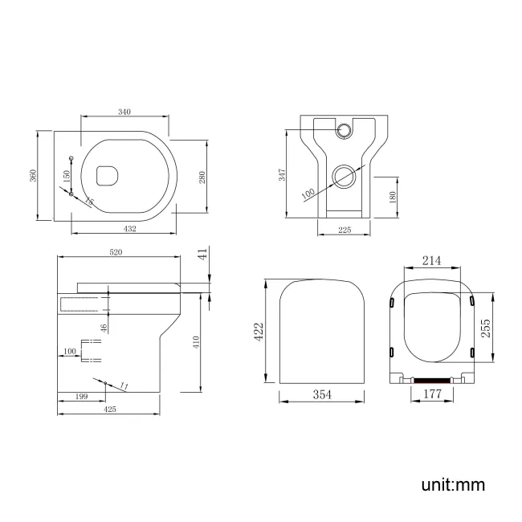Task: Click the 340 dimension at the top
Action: [124, 112]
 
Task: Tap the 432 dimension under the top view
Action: [130, 228]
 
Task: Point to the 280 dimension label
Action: [214, 177]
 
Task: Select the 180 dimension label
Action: [391, 198]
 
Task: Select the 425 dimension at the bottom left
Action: [110, 409]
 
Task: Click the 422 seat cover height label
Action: [259, 332]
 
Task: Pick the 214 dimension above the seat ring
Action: [431, 261]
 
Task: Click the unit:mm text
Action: [453, 485]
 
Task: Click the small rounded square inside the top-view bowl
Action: [105, 172]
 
